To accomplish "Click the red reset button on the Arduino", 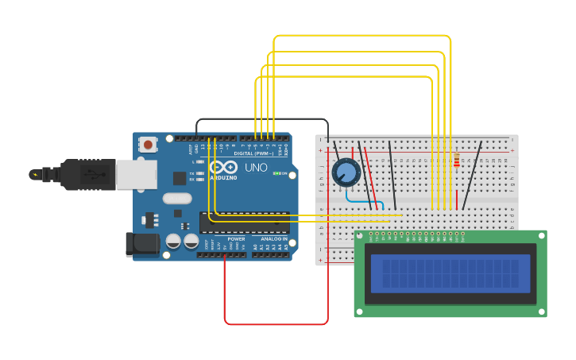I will tap(148, 145).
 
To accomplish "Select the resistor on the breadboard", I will tap(456, 161).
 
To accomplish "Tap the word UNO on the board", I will tap(256, 168).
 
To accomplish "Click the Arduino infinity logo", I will tap(223, 168).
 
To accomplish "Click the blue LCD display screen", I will tap(450, 273).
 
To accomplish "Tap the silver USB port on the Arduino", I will tap(136, 175).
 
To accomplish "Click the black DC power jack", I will tap(142, 244).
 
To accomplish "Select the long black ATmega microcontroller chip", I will tap(244, 223).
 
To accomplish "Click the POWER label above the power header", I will tap(236, 239).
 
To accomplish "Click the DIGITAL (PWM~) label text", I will tap(253, 153).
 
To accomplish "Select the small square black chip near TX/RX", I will tap(180, 179).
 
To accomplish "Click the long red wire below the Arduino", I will tap(276, 323).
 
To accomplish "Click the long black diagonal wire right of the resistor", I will tap(472, 175).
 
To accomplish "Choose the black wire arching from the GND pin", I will tap(262, 120).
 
